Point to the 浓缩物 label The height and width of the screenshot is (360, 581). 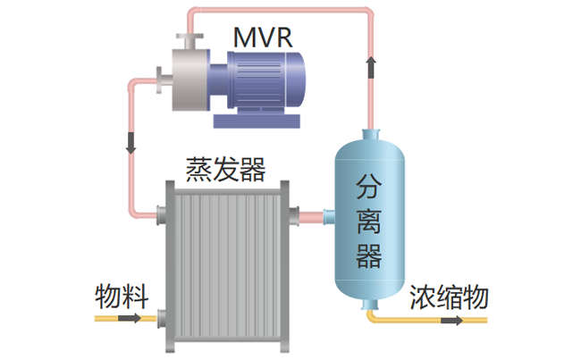449,297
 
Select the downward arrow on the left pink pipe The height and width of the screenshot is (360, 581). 132,140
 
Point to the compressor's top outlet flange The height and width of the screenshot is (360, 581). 188,40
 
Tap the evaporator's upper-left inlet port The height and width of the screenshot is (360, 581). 162,214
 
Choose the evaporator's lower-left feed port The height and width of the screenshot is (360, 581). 162,318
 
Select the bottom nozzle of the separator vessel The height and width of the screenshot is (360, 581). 369,306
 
